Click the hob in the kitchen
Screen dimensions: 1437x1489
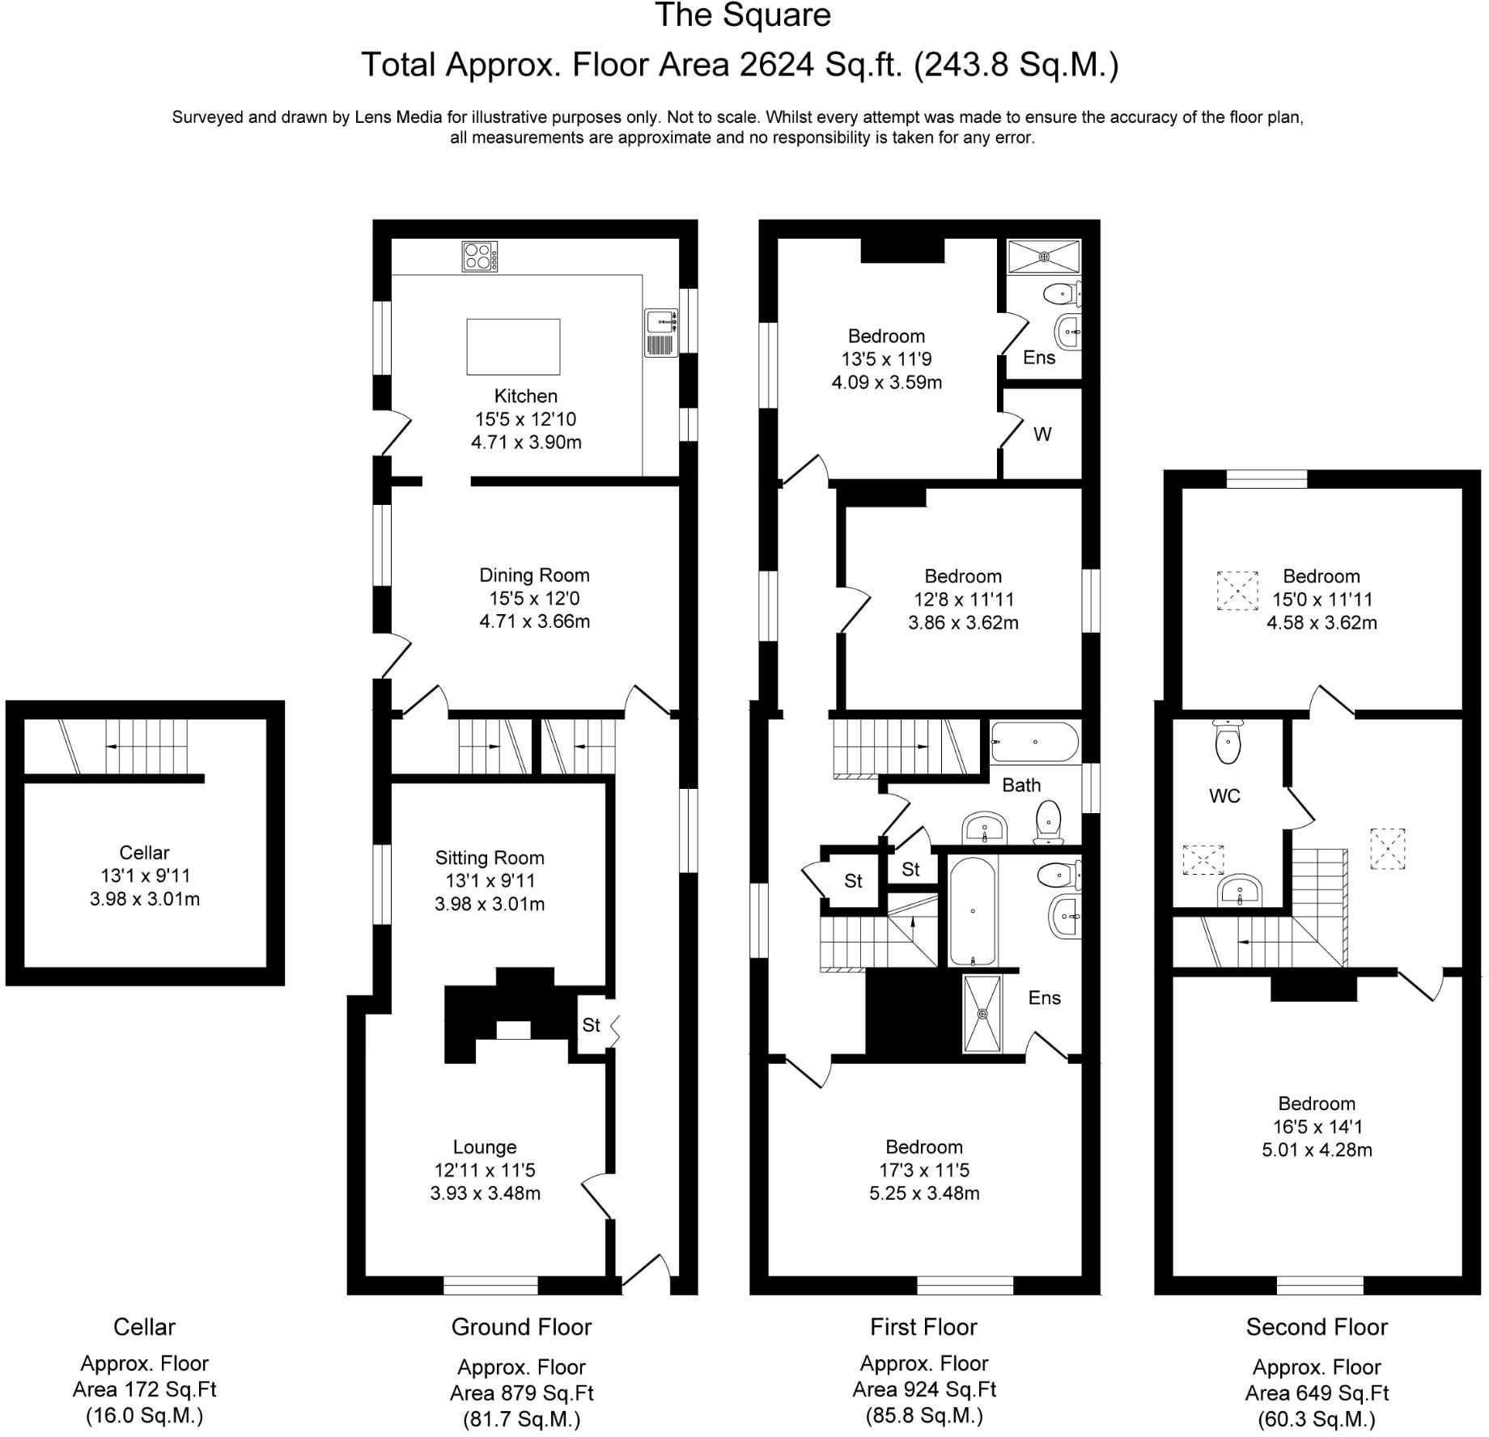[480, 256]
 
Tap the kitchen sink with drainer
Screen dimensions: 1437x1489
[661, 332]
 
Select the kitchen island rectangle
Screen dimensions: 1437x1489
[513, 346]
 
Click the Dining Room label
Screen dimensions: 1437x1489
[534, 575]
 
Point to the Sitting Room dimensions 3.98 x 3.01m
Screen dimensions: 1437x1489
[490, 904]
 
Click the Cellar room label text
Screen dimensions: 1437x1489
[144, 852]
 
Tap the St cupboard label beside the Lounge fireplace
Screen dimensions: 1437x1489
[592, 1025]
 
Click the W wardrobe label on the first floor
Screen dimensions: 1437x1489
[1042, 434]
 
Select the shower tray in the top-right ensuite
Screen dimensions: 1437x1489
[1044, 257]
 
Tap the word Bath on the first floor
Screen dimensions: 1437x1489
[1021, 785]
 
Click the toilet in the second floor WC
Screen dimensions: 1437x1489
[1228, 742]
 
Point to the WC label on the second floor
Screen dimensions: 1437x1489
[1224, 796]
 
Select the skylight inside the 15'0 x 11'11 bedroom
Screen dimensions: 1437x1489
[1238, 591]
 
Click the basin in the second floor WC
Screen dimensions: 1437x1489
[1239, 892]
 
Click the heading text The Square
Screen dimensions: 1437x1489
[743, 16]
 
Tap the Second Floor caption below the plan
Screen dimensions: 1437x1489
[1317, 1327]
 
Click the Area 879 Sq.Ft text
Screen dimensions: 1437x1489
[522, 1393]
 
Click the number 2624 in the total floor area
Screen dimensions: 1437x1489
[776, 65]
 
